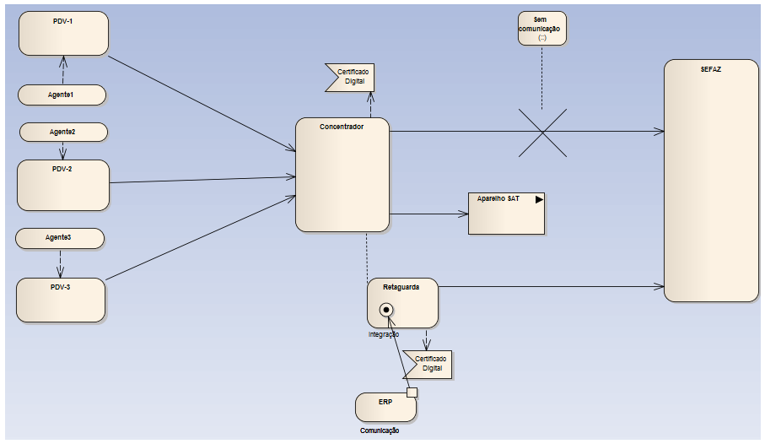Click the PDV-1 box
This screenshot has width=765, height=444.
64,33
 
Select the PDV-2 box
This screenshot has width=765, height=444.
63,185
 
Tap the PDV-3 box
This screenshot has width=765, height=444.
61,300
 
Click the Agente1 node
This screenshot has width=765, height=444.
62,95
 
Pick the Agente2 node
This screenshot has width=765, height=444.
63,132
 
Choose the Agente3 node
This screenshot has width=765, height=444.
59,238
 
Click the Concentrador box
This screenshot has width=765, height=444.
342,175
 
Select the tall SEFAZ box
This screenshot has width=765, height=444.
709,181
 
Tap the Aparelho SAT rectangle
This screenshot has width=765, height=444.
506,213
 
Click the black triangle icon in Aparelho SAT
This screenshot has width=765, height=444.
539,200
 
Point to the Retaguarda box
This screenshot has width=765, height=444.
402,302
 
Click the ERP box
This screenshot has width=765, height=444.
385,407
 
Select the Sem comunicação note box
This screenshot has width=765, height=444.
541,28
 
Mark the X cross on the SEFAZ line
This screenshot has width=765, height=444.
541,132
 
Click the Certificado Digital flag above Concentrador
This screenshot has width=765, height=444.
349,77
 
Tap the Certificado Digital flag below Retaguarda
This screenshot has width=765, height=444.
427,364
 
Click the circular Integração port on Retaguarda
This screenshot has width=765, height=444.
388,311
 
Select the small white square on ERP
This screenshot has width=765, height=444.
412,392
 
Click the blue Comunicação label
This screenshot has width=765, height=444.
379,430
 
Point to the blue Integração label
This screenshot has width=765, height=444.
384,334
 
